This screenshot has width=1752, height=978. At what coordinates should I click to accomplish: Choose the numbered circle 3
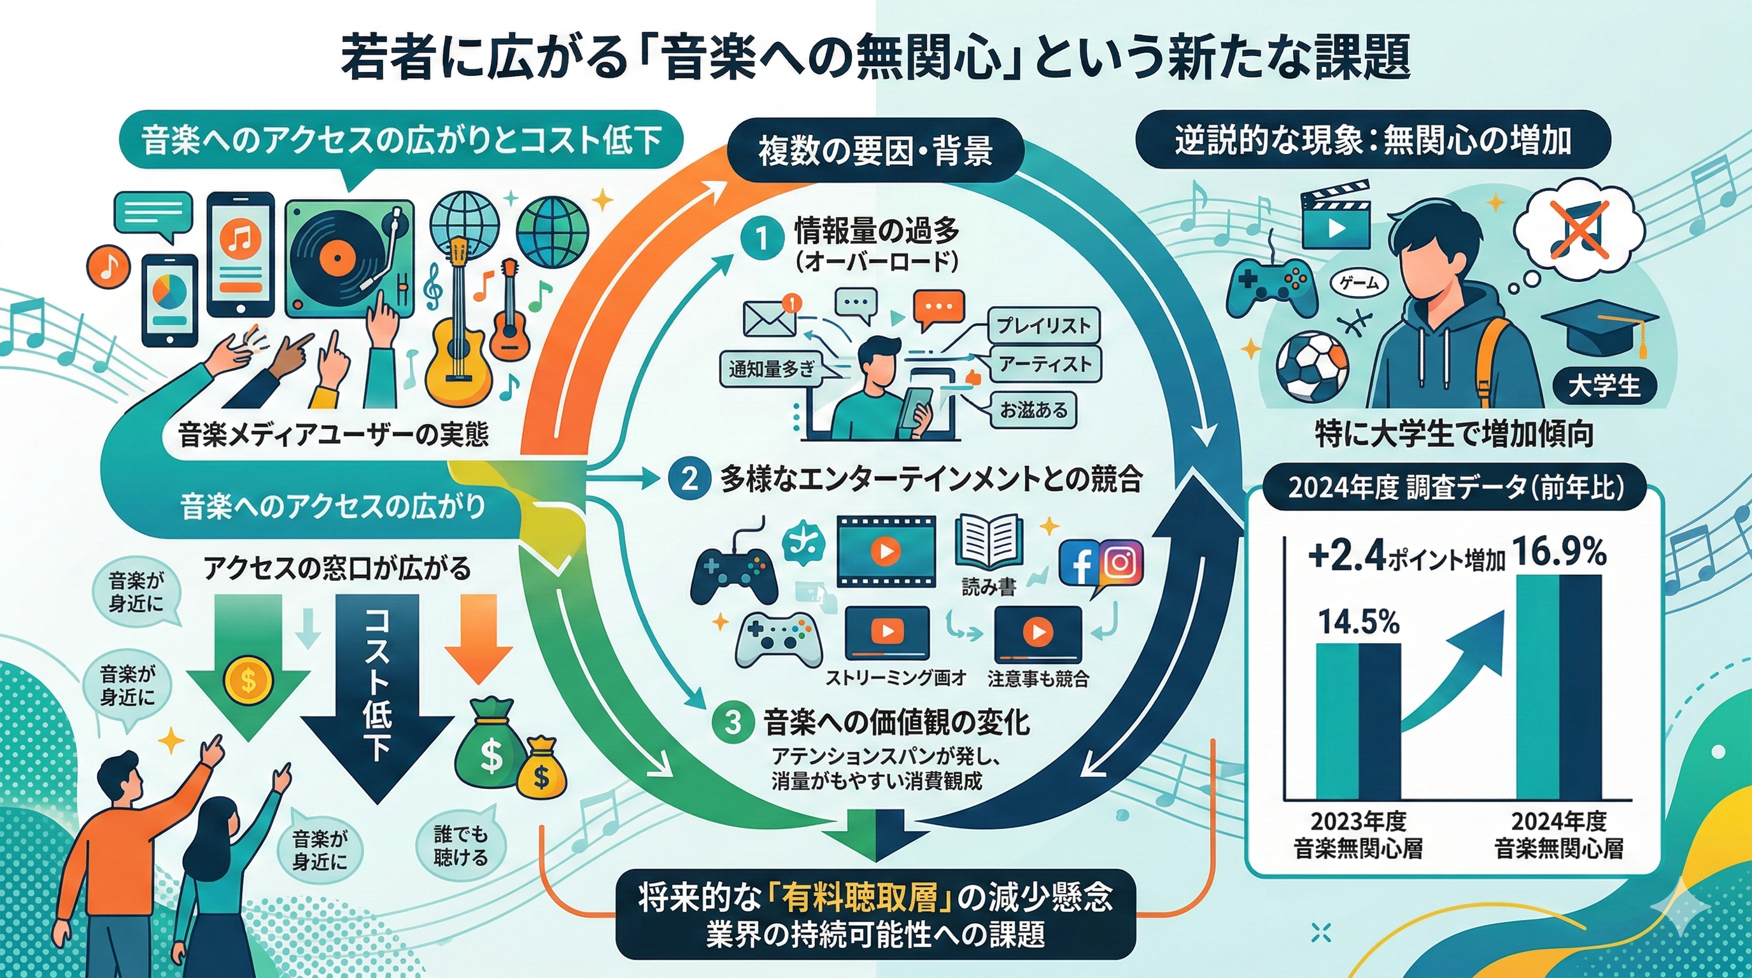tap(732, 721)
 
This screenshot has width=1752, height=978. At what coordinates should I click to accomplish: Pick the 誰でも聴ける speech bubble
tap(460, 846)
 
